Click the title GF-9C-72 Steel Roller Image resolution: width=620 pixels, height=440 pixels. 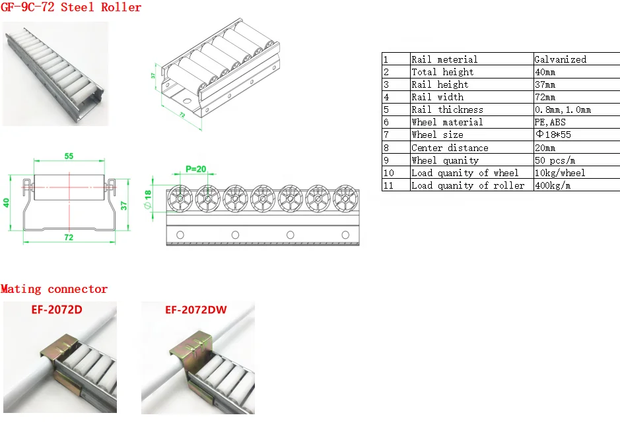[x=71, y=8]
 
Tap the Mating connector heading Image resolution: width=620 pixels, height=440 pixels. [x=54, y=289]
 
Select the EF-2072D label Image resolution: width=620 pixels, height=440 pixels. [x=57, y=308]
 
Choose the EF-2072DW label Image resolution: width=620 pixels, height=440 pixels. [x=196, y=308]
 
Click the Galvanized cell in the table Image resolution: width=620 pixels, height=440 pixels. [x=560, y=59]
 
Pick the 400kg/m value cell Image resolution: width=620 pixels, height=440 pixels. [x=553, y=185]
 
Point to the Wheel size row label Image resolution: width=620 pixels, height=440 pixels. [x=437, y=135]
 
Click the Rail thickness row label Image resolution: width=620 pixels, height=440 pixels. [x=447, y=110]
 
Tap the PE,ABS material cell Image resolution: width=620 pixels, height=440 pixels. [x=550, y=122]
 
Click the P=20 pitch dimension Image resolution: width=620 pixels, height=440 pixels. [x=195, y=169]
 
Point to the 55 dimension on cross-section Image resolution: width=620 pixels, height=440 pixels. [x=69, y=156]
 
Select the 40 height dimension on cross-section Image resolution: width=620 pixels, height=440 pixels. [x=7, y=203]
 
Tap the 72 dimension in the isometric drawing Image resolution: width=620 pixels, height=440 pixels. [x=181, y=114]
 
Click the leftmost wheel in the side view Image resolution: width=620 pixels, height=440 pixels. [x=179, y=199]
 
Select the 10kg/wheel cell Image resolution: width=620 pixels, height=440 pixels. [x=560, y=173]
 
